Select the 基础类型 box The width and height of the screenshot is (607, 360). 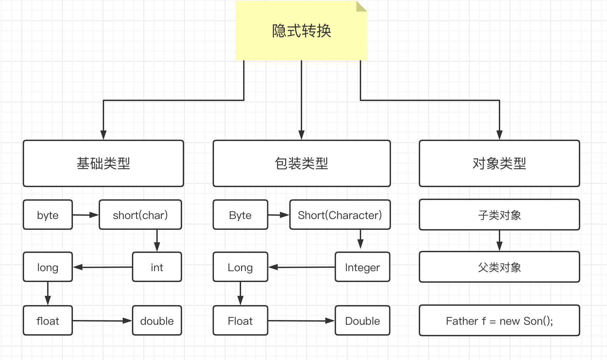pyautogui.click(x=103, y=163)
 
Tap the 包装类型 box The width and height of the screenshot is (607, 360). pyautogui.click(x=301, y=163)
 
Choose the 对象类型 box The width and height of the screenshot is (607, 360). pyautogui.click(x=499, y=163)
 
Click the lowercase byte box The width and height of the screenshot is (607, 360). pyautogui.click(x=48, y=215)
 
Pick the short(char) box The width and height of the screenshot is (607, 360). pyautogui.click(x=140, y=215)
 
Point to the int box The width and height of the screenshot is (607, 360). pyautogui.click(x=157, y=267)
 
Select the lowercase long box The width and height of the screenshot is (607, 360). pyautogui.click(x=48, y=267)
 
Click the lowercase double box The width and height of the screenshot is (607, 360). pyautogui.click(x=157, y=321)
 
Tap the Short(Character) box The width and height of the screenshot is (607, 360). pyautogui.click(x=340, y=215)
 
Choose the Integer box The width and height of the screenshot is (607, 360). pyautogui.click(x=362, y=267)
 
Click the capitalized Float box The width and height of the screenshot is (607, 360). pyautogui.click(x=240, y=321)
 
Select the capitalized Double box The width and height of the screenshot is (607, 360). pyautogui.click(x=362, y=321)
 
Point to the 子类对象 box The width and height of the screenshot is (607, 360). pyautogui.click(x=499, y=215)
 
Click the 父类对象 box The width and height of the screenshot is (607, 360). pyautogui.click(x=499, y=267)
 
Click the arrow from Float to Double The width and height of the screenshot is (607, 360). pyautogui.click(x=301, y=321)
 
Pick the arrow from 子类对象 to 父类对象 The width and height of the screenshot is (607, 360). pyautogui.click(x=499, y=241)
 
